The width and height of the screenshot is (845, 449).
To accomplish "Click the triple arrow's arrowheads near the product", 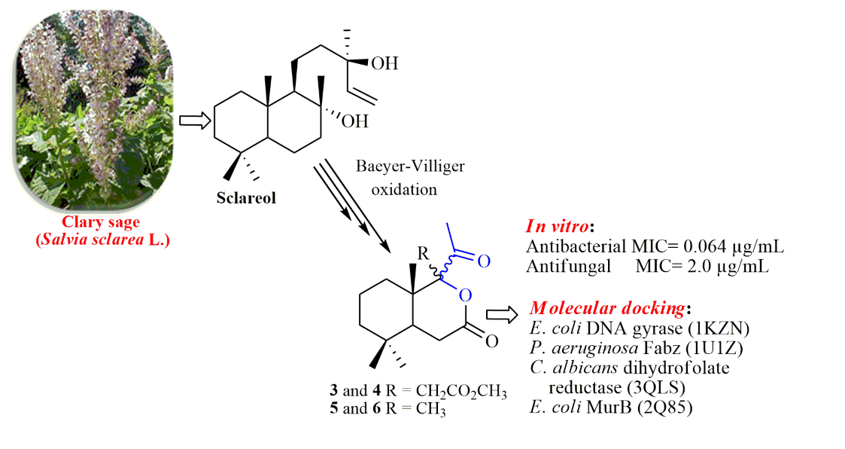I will pos(381,245).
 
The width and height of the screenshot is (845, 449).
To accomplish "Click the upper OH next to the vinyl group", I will pos(385,63).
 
